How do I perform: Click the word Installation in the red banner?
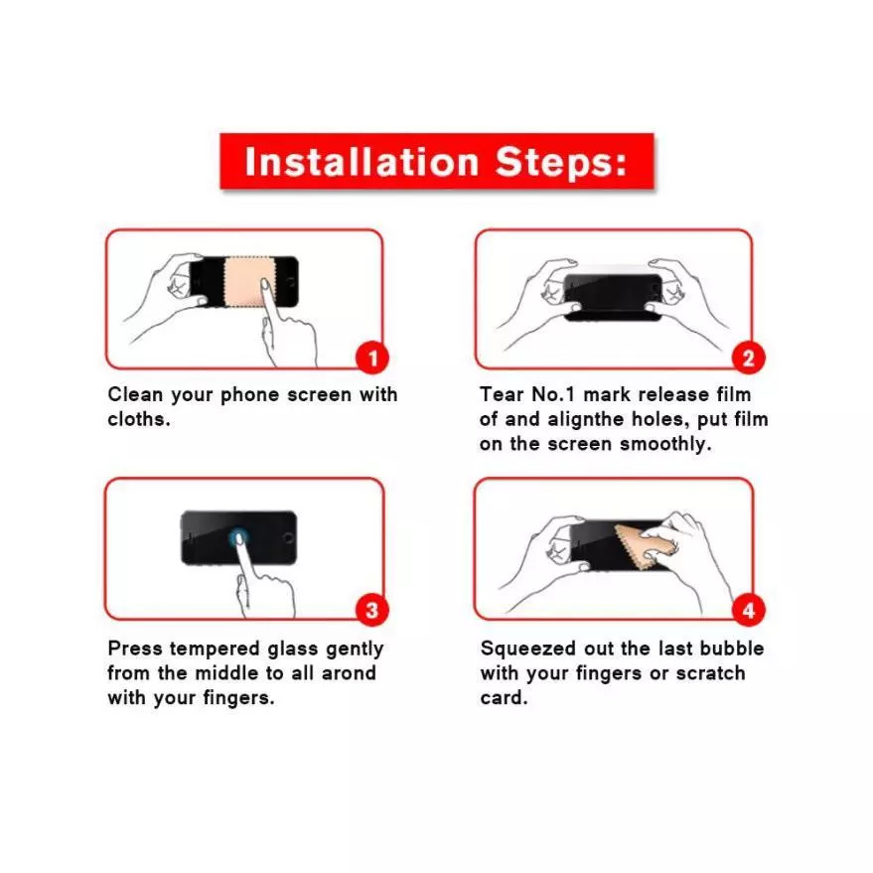[362, 162]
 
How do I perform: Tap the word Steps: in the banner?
[561, 162]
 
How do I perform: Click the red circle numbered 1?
[372, 358]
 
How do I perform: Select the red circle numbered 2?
[748, 358]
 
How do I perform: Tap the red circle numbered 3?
[371, 610]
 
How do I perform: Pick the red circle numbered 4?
[748, 610]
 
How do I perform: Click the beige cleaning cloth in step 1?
[246, 281]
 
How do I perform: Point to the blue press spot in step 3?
[237, 537]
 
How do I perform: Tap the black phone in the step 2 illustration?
[614, 297]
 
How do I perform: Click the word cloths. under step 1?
[139, 419]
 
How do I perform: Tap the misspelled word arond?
[349, 673]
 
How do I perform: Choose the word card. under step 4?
[504, 698]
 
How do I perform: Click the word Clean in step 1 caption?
[135, 394]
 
